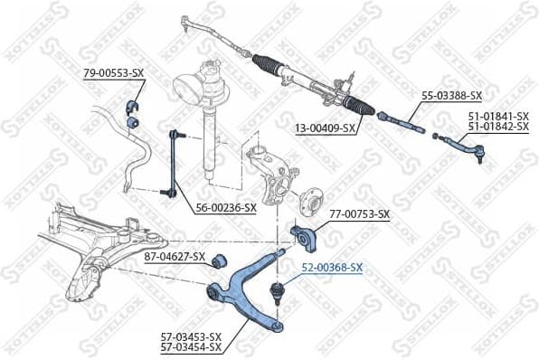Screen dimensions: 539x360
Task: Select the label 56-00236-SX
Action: (x=227, y=207)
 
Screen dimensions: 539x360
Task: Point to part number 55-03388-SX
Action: (x=452, y=94)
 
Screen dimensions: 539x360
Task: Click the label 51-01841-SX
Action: (x=497, y=117)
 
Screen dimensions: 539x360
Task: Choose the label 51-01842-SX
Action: (x=497, y=128)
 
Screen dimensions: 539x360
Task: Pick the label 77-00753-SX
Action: (x=359, y=214)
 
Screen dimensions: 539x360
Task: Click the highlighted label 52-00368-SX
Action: (x=332, y=268)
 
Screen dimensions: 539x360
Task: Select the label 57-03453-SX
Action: (x=191, y=336)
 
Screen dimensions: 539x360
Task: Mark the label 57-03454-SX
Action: (x=191, y=346)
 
